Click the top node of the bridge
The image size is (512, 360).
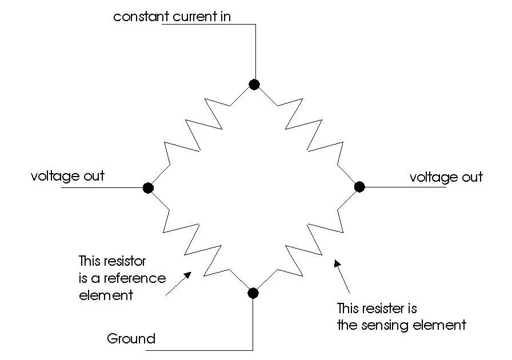coord(254,85)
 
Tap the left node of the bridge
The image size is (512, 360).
coord(148,187)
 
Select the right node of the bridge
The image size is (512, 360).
coord(359,186)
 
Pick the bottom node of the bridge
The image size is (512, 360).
coord(253,293)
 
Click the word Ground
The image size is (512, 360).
coord(131,339)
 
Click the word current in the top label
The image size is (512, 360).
coord(188,16)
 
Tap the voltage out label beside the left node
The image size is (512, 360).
coord(68,175)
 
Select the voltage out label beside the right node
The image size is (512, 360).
coord(446,177)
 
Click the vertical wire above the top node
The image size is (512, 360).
coord(254,51)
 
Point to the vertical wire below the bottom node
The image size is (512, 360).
coord(253,323)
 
